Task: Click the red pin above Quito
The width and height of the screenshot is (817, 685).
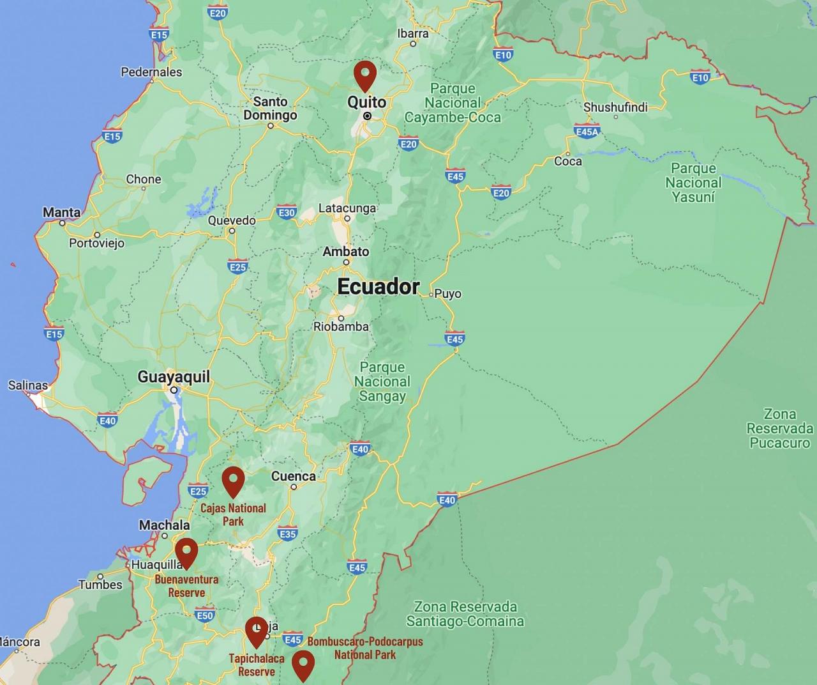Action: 364,75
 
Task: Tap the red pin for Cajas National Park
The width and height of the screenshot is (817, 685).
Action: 233,481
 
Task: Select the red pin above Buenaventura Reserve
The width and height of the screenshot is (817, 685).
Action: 186,552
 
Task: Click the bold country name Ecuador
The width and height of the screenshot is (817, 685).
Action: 378,287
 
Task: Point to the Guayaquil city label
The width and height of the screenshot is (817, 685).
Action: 174,377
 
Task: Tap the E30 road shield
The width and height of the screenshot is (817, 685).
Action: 287,213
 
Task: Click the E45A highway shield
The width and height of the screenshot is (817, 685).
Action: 587,132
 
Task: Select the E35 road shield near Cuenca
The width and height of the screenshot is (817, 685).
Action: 287,534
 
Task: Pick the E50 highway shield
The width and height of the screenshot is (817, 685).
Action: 204,615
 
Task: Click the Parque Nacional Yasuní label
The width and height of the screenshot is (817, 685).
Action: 693,183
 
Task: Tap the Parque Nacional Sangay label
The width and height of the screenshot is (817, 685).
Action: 382,381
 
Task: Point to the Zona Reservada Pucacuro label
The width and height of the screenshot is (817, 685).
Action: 779,428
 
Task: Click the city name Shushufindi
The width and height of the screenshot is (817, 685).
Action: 615,107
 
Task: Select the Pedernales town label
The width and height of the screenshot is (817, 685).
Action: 151,72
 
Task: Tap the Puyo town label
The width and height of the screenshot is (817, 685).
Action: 447,294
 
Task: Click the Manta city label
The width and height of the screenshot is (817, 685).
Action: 62,212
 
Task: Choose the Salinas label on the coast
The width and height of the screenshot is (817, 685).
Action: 27,385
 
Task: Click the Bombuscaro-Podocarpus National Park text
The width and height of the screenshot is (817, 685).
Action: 365,648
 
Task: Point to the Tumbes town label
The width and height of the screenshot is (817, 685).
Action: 100,584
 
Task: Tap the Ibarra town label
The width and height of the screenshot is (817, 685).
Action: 413,33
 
